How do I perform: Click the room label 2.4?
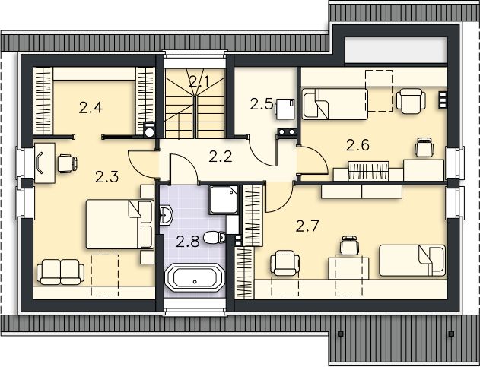tap(91, 107)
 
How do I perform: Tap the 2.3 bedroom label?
tap(106, 178)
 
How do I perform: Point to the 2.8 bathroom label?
tap(187, 242)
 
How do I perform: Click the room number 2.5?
tap(261, 104)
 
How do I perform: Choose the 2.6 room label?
tap(358, 144)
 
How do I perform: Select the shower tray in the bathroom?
tap(226, 201)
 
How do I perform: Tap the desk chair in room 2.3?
tap(65, 161)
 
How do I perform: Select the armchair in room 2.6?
tap(410, 100)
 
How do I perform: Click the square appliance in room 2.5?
tap(285, 109)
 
